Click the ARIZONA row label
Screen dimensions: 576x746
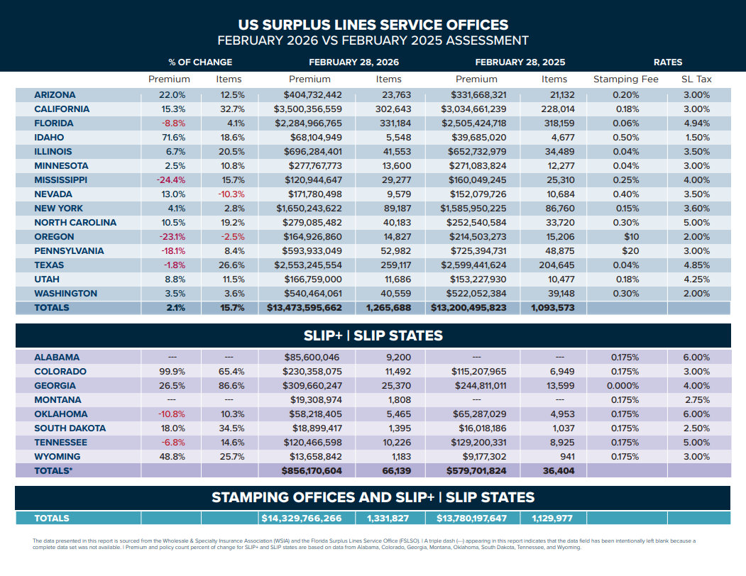(55, 95)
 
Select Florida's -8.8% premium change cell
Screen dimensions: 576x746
(172, 123)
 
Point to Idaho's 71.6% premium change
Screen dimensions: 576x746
(172, 138)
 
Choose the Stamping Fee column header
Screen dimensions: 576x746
(625, 79)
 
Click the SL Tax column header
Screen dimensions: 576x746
(696, 79)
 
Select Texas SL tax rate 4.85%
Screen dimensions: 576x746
(696, 265)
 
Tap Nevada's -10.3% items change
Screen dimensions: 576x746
(230, 194)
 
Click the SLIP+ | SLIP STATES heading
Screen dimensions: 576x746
(373, 336)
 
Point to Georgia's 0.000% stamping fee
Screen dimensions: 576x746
(624, 386)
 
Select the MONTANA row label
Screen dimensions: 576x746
(57, 400)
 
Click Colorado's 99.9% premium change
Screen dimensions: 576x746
(172, 372)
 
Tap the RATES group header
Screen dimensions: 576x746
(667, 62)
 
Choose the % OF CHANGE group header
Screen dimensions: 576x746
(200, 62)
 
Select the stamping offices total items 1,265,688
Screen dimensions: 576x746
(389, 308)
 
